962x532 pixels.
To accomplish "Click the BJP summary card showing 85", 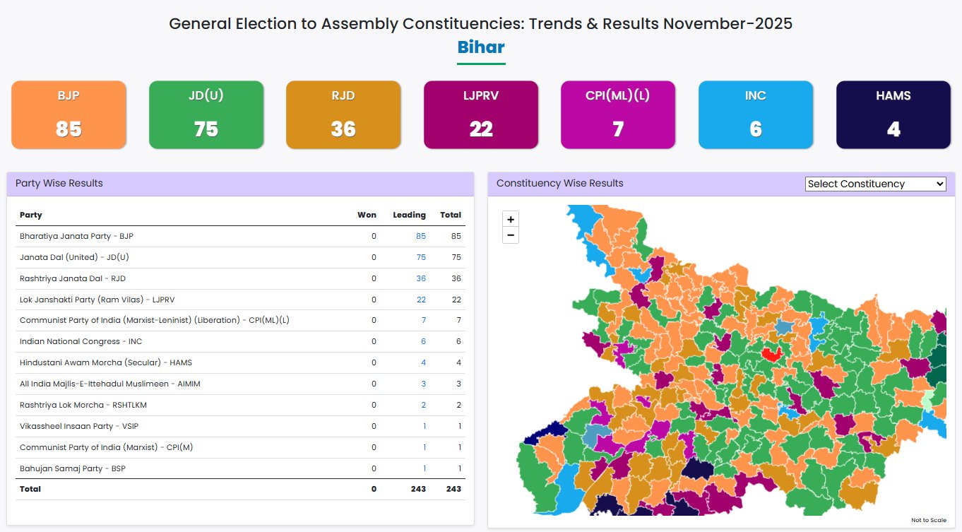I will [69, 114].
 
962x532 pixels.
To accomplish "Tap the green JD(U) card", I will [206, 114].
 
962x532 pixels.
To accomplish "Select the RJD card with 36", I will [343, 114].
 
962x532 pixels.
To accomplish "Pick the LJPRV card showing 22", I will [481, 114].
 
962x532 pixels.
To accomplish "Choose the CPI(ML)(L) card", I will [618, 114].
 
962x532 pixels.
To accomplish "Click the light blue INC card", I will [756, 114].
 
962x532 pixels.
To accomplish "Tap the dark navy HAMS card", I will [893, 114].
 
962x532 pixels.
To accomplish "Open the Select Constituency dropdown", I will [875, 184].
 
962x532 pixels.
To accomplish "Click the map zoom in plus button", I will [511, 219].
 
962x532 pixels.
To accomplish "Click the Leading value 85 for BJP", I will [421, 236].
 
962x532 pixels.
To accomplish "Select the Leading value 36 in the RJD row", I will [421, 278].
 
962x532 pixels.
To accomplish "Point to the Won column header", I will [367, 215].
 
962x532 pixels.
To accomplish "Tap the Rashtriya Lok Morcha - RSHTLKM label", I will [83, 405].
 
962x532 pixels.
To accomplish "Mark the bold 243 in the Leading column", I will [416, 489].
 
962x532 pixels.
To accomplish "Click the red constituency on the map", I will [771, 354].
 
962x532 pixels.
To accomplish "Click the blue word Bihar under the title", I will [481, 47].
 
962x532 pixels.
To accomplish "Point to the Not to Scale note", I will [928, 520].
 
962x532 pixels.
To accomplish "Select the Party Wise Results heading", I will [59, 184].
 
